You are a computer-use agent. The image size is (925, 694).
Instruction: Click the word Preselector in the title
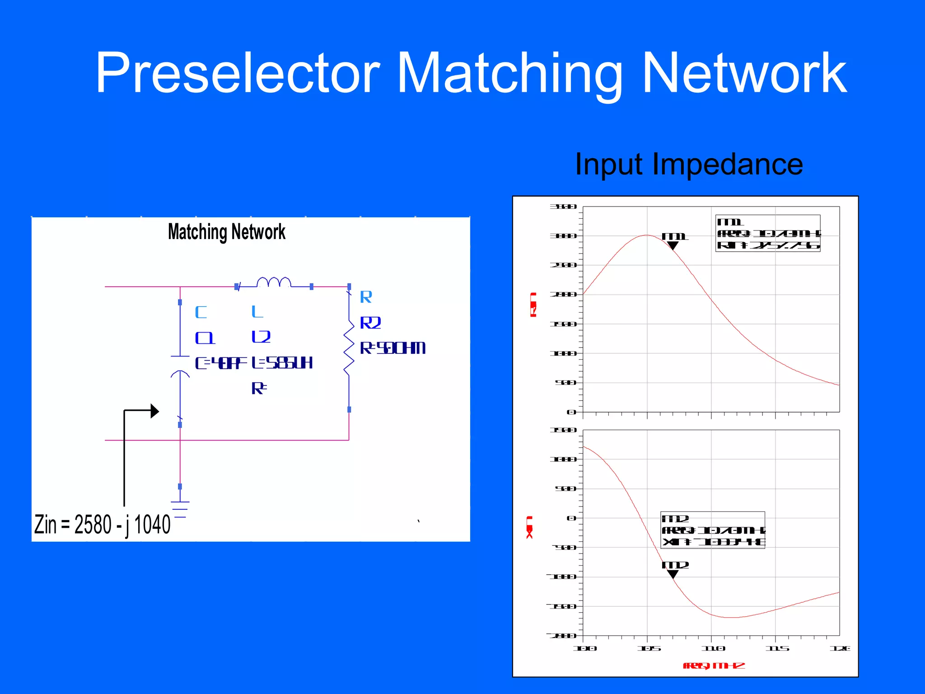tap(237, 73)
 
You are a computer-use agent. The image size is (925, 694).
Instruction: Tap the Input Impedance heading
tap(689, 164)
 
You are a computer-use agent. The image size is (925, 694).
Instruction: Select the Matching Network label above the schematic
tap(226, 232)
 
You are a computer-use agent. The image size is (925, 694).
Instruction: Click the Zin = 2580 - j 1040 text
tap(103, 525)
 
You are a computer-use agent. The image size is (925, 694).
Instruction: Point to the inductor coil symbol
tap(274, 282)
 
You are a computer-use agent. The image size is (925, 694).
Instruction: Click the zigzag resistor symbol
tap(349, 347)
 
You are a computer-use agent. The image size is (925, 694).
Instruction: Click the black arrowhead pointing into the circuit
tap(154, 411)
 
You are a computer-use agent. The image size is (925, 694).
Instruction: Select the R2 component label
tap(370, 323)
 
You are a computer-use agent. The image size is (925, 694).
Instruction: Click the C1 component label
tap(205, 338)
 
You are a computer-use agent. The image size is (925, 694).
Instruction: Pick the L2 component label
tap(261, 337)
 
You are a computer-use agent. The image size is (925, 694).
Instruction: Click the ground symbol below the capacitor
tap(180, 509)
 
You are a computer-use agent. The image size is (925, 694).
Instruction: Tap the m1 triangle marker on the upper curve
tap(673, 245)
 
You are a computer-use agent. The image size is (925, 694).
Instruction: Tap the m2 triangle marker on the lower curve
tap(673, 574)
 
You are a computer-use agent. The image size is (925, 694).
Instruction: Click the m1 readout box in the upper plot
tap(768, 233)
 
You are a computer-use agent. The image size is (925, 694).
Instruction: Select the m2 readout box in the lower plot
tap(713, 530)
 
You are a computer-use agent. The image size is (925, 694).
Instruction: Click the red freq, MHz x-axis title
tap(714, 666)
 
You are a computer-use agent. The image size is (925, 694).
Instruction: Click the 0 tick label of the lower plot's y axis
tap(571, 518)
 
